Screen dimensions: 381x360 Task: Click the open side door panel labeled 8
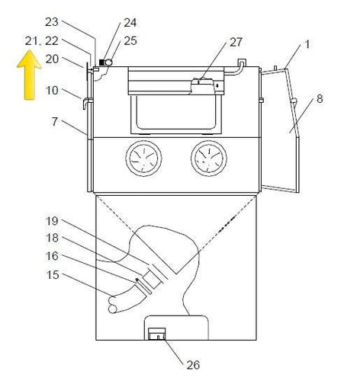click(x=282, y=130)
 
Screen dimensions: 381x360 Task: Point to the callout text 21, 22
click(x=41, y=40)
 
